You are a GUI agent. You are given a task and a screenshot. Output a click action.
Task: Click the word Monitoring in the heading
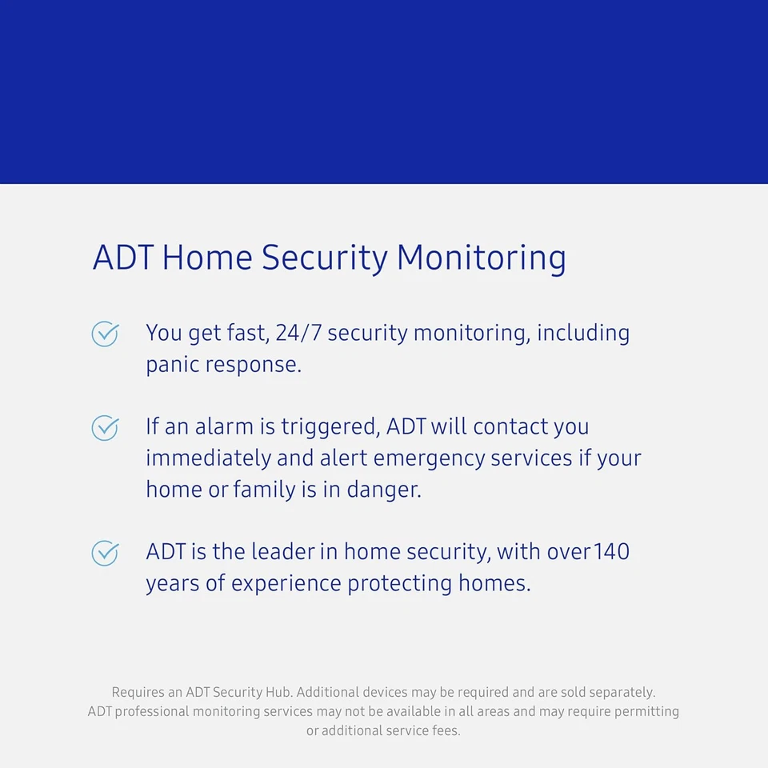(481, 258)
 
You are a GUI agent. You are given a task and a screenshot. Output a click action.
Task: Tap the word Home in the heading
(206, 258)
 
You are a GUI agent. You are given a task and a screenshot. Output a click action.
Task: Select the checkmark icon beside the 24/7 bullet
(105, 334)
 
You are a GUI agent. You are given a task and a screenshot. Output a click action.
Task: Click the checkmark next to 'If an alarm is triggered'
(105, 428)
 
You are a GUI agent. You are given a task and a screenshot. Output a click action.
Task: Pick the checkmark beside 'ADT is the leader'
(105, 553)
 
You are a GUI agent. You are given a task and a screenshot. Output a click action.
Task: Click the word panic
(172, 365)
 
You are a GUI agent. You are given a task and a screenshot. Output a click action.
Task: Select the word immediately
(208, 458)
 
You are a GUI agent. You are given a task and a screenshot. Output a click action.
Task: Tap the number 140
(612, 552)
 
